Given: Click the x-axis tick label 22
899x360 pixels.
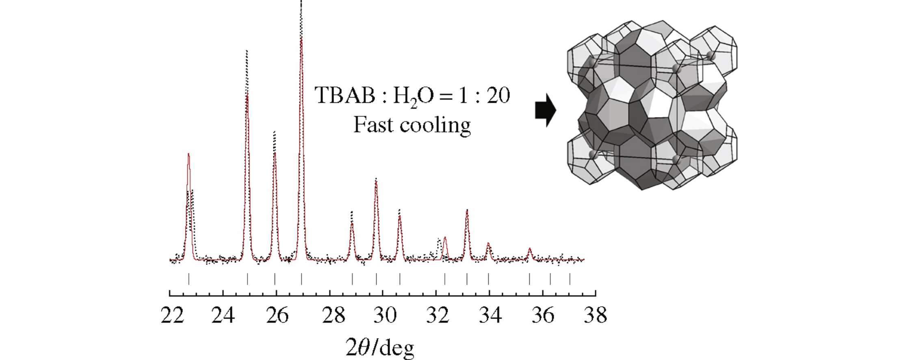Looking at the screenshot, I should [x=172, y=315].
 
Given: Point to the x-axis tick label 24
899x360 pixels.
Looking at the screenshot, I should [x=223, y=315].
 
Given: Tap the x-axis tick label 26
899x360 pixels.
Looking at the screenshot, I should [x=277, y=315].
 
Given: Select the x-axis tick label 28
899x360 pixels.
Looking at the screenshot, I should [x=334, y=315].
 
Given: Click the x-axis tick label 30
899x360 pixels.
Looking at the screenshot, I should [x=385, y=315].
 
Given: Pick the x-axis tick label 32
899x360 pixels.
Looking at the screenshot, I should [x=438, y=315].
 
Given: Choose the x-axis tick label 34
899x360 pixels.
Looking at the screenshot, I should [x=490, y=315].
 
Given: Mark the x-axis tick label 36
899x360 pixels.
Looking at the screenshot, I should [x=543, y=315].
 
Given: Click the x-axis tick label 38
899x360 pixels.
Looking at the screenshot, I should [x=596, y=315].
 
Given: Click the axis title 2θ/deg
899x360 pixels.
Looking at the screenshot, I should [x=380, y=348].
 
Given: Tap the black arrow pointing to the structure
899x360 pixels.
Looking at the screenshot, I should [x=545, y=110].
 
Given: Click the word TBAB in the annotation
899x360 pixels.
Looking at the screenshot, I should [x=345, y=95].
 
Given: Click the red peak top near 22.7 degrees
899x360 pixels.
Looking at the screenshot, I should [x=188, y=154].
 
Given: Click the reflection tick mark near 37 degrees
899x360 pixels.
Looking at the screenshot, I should [x=570, y=279].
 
